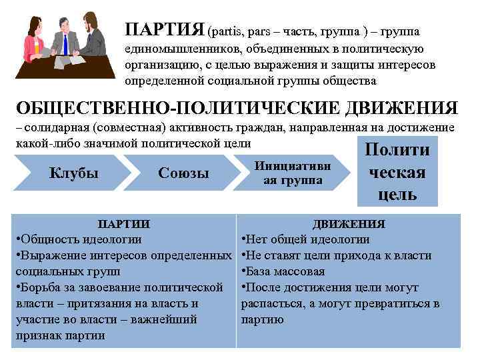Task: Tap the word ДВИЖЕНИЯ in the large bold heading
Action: [395, 109]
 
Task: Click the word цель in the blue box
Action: [397, 194]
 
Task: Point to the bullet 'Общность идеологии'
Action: [80, 239]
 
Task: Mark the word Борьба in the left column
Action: [41, 287]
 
